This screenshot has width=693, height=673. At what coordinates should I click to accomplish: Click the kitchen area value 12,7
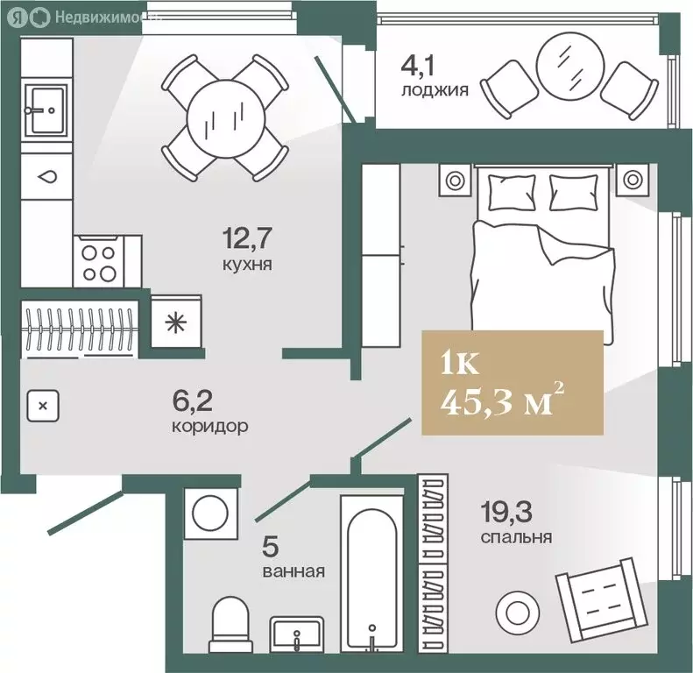point(247,237)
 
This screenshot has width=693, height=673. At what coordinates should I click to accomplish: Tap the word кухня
point(247,265)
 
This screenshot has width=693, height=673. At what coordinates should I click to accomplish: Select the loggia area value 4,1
point(418,66)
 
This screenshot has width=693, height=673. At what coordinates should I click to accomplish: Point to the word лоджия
point(435,90)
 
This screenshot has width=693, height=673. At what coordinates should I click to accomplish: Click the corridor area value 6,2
point(192,401)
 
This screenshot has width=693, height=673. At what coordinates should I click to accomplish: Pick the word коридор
point(210,427)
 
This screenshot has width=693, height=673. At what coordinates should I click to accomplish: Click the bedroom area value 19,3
point(506,512)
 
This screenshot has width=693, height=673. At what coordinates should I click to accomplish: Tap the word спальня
point(516,537)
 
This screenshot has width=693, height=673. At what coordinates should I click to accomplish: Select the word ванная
point(293,571)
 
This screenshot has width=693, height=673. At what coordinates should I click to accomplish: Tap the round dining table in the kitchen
point(225,118)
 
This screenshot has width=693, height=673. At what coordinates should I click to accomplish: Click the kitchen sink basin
point(46,110)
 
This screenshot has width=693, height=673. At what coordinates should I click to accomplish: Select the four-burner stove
point(100,262)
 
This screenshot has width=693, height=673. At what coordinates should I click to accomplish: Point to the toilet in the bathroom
point(230,624)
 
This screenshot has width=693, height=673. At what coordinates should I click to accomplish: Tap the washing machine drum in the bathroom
point(210,514)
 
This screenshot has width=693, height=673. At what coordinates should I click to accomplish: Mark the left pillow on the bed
point(512,193)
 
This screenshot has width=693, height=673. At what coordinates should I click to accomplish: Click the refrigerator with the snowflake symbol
point(176,322)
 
